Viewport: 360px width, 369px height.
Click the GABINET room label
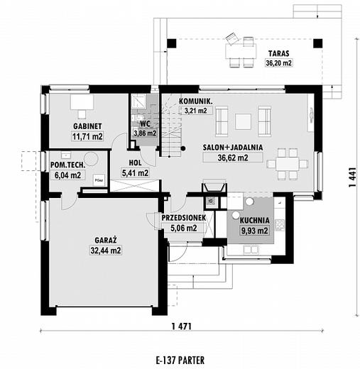click(87, 126)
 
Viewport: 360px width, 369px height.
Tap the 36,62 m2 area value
click(233, 158)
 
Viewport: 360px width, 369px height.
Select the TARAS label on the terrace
click(278, 53)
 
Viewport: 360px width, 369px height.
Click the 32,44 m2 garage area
click(106, 250)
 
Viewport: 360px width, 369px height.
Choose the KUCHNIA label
click(254, 221)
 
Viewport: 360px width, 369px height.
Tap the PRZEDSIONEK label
click(184, 218)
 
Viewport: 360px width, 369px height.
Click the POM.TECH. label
click(67, 165)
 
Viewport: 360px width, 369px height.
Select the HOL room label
click(135, 163)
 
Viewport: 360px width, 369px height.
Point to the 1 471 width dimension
click(181, 326)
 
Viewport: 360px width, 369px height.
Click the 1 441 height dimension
click(352, 177)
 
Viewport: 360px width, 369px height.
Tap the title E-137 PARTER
click(180, 360)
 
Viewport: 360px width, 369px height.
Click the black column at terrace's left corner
click(172, 43)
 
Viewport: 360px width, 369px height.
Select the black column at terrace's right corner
click(318, 43)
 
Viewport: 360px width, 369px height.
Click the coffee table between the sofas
click(243, 121)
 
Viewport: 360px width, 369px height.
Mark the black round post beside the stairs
click(183, 148)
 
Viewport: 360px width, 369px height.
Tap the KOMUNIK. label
click(195, 101)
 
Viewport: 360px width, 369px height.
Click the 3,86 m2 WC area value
click(145, 133)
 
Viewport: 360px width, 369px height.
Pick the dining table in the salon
click(288, 164)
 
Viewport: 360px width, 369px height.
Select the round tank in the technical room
click(91, 159)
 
